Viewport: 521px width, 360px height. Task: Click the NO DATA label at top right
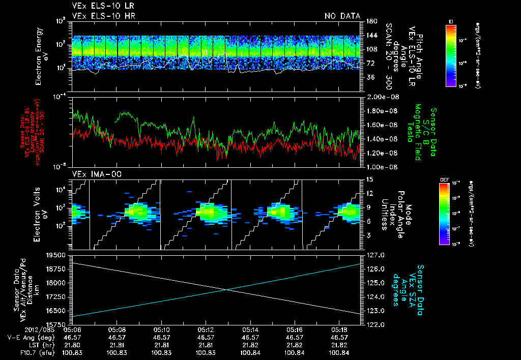coord(342,16)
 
